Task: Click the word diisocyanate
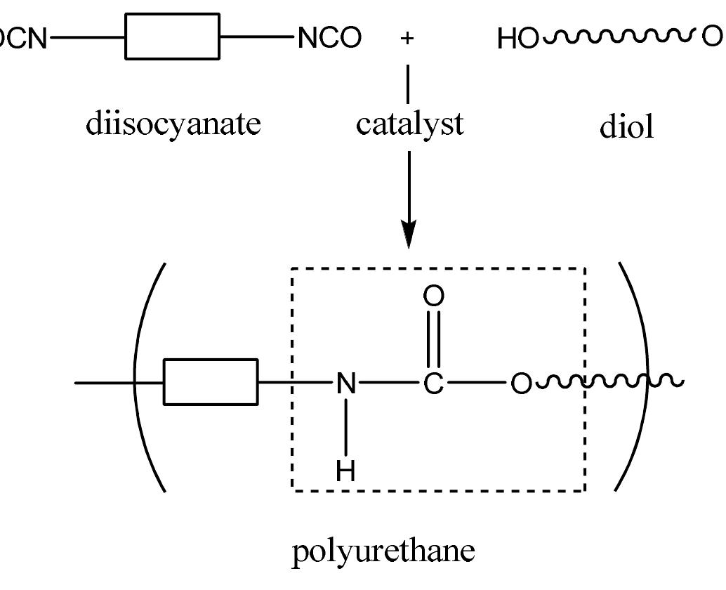(173, 124)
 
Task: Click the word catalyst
(409, 124)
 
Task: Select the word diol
(626, 127)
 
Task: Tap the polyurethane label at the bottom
(383, 552)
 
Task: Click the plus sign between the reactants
(407, 38)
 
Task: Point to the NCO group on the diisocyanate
(329, 38)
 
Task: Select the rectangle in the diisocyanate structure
(172, 36)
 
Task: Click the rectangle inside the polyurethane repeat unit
(211, 382)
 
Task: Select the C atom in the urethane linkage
(433, 383)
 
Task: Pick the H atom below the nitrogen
(345, 471)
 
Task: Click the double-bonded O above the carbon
(433, 296)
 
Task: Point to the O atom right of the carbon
(520, 384)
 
